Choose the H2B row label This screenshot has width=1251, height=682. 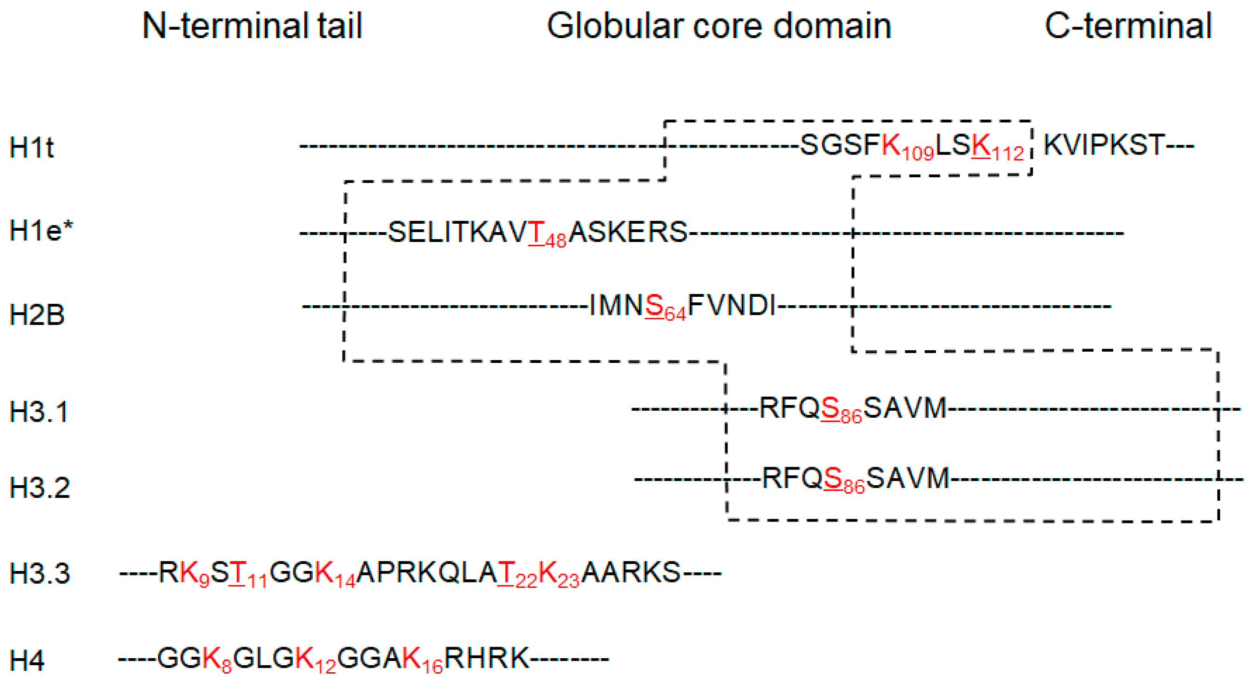pos(37,314)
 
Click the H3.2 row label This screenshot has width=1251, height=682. pos(40,488)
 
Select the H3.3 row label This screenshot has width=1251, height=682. pos(40,573)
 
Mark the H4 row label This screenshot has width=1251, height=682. pos(27,660)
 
